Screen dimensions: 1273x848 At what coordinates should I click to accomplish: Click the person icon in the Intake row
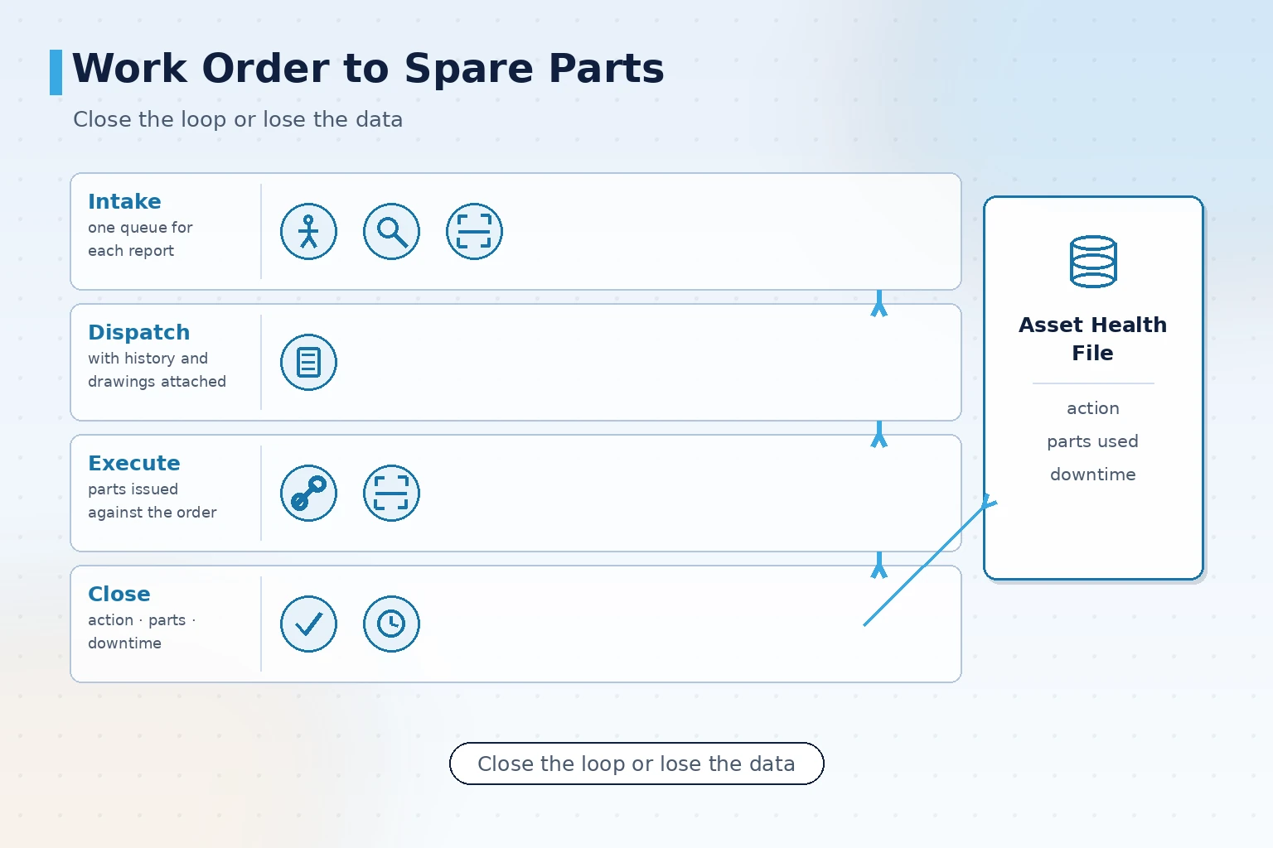(308, 232)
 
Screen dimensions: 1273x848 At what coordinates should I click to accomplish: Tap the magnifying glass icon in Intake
(391, 232)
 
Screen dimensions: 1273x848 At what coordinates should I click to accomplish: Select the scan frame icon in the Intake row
(475, 232)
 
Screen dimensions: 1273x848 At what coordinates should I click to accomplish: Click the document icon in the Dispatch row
(308, 363)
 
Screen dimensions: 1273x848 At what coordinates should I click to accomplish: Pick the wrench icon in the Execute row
(308, 493)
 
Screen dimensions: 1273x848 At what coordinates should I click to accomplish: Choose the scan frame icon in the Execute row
(391, 493)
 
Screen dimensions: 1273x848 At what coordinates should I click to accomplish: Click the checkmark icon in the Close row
(308, 624)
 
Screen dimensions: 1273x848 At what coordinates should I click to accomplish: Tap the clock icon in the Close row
(391, 624)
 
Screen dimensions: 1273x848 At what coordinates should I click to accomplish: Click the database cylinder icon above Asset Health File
(1093, 262)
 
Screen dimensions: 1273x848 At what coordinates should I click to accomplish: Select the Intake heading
(124, 201)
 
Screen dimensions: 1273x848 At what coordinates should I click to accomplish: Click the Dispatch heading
(138, 332)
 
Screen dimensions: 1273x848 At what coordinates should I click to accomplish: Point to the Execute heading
(134, 463)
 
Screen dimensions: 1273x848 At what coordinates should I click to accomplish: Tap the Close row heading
(119, 594)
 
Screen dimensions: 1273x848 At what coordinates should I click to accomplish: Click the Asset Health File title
(1093, 339)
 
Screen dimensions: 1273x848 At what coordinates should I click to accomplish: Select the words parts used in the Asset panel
(1093, 441)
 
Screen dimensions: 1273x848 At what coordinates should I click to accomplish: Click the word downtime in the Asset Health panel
(1093, 475)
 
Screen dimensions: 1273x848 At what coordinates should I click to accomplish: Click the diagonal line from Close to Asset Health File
(931, 560)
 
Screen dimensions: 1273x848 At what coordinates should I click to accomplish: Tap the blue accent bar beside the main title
(56, 72)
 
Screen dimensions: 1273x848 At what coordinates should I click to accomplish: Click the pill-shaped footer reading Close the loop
(636, 764)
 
